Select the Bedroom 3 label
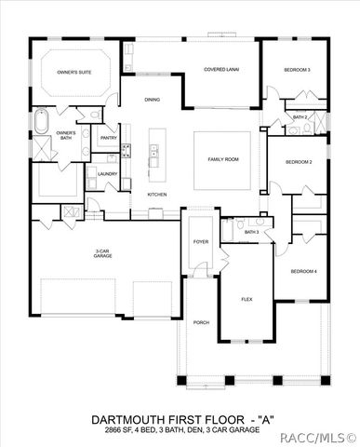[298, 70]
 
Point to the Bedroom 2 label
[298, 162]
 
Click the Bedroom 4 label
[303, 271]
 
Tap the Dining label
[153, 100]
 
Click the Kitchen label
[156, 194]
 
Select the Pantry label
[109, 138]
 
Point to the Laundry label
[106, 173]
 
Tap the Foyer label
[201, 241]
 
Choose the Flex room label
[247, 299]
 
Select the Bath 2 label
[300, 116]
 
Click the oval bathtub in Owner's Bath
[42, 121]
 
